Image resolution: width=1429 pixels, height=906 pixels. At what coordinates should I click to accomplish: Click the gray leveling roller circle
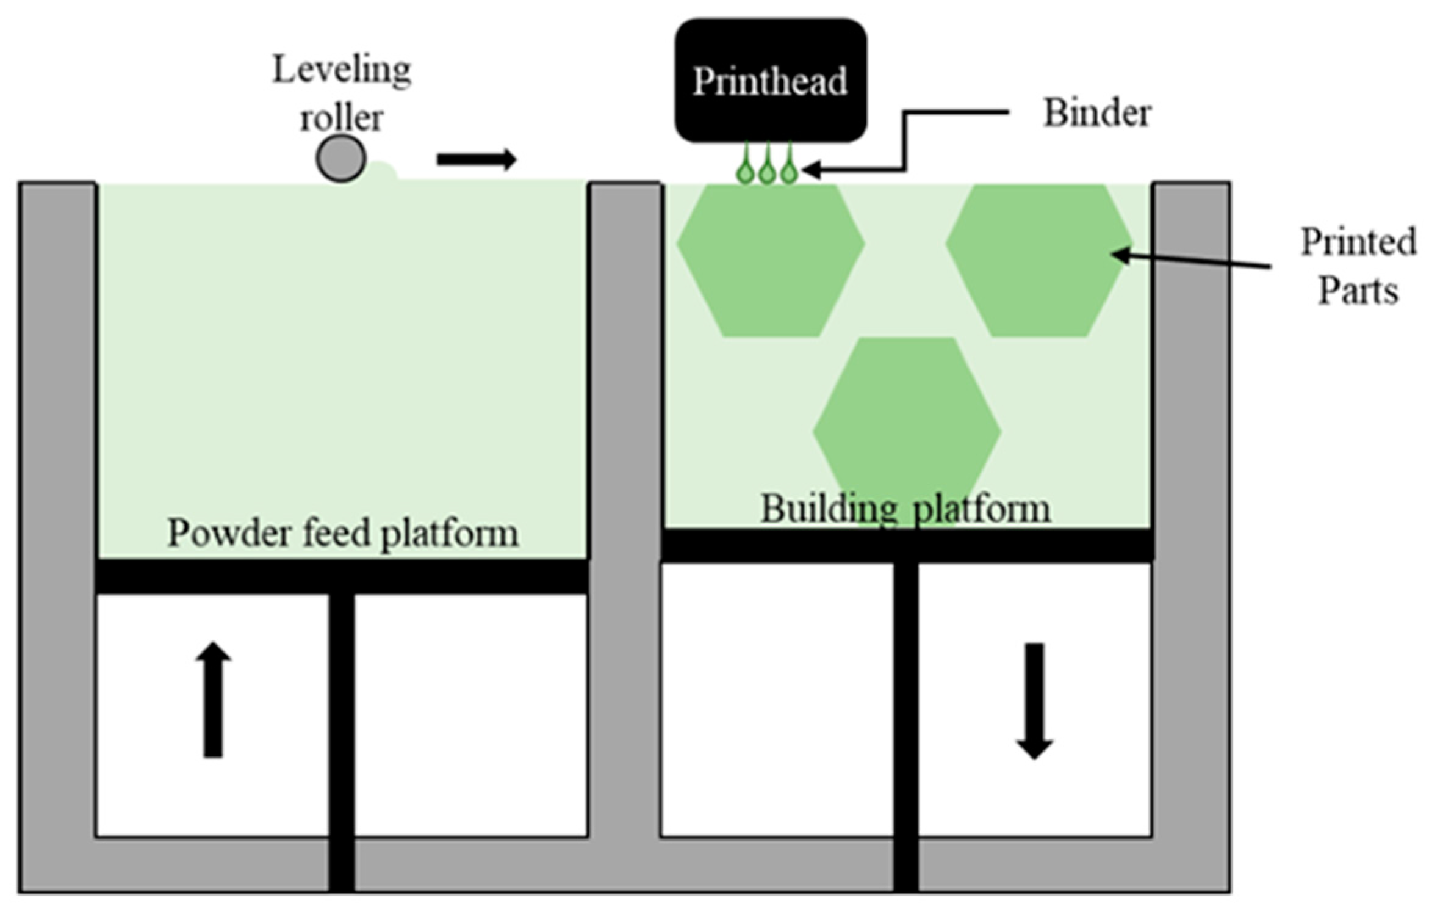341,159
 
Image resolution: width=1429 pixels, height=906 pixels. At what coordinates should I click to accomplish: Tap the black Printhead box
770,81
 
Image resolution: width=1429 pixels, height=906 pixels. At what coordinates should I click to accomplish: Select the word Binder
1097,114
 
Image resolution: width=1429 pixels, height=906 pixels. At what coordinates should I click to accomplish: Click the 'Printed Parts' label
1358,266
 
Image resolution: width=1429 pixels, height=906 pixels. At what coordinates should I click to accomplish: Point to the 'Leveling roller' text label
342,93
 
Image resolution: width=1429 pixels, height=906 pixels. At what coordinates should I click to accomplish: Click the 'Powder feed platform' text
343,534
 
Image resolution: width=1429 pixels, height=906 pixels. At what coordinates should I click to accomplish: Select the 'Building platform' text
905,508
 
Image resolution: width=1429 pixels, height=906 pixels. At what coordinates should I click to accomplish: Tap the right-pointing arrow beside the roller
477,160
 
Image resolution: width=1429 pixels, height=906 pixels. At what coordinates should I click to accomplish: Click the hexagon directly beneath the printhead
770,260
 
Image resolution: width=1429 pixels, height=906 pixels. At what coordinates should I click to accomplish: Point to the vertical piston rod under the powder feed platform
342,733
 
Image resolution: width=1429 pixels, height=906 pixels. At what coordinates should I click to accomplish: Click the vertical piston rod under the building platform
906,720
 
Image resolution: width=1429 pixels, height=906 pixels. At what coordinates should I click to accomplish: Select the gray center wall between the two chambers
625,488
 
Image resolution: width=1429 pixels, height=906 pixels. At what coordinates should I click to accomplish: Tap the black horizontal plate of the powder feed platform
342,576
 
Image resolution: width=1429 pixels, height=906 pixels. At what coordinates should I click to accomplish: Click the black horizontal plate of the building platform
907,546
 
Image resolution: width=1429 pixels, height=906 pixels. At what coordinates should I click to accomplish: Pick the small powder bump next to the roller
382,171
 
